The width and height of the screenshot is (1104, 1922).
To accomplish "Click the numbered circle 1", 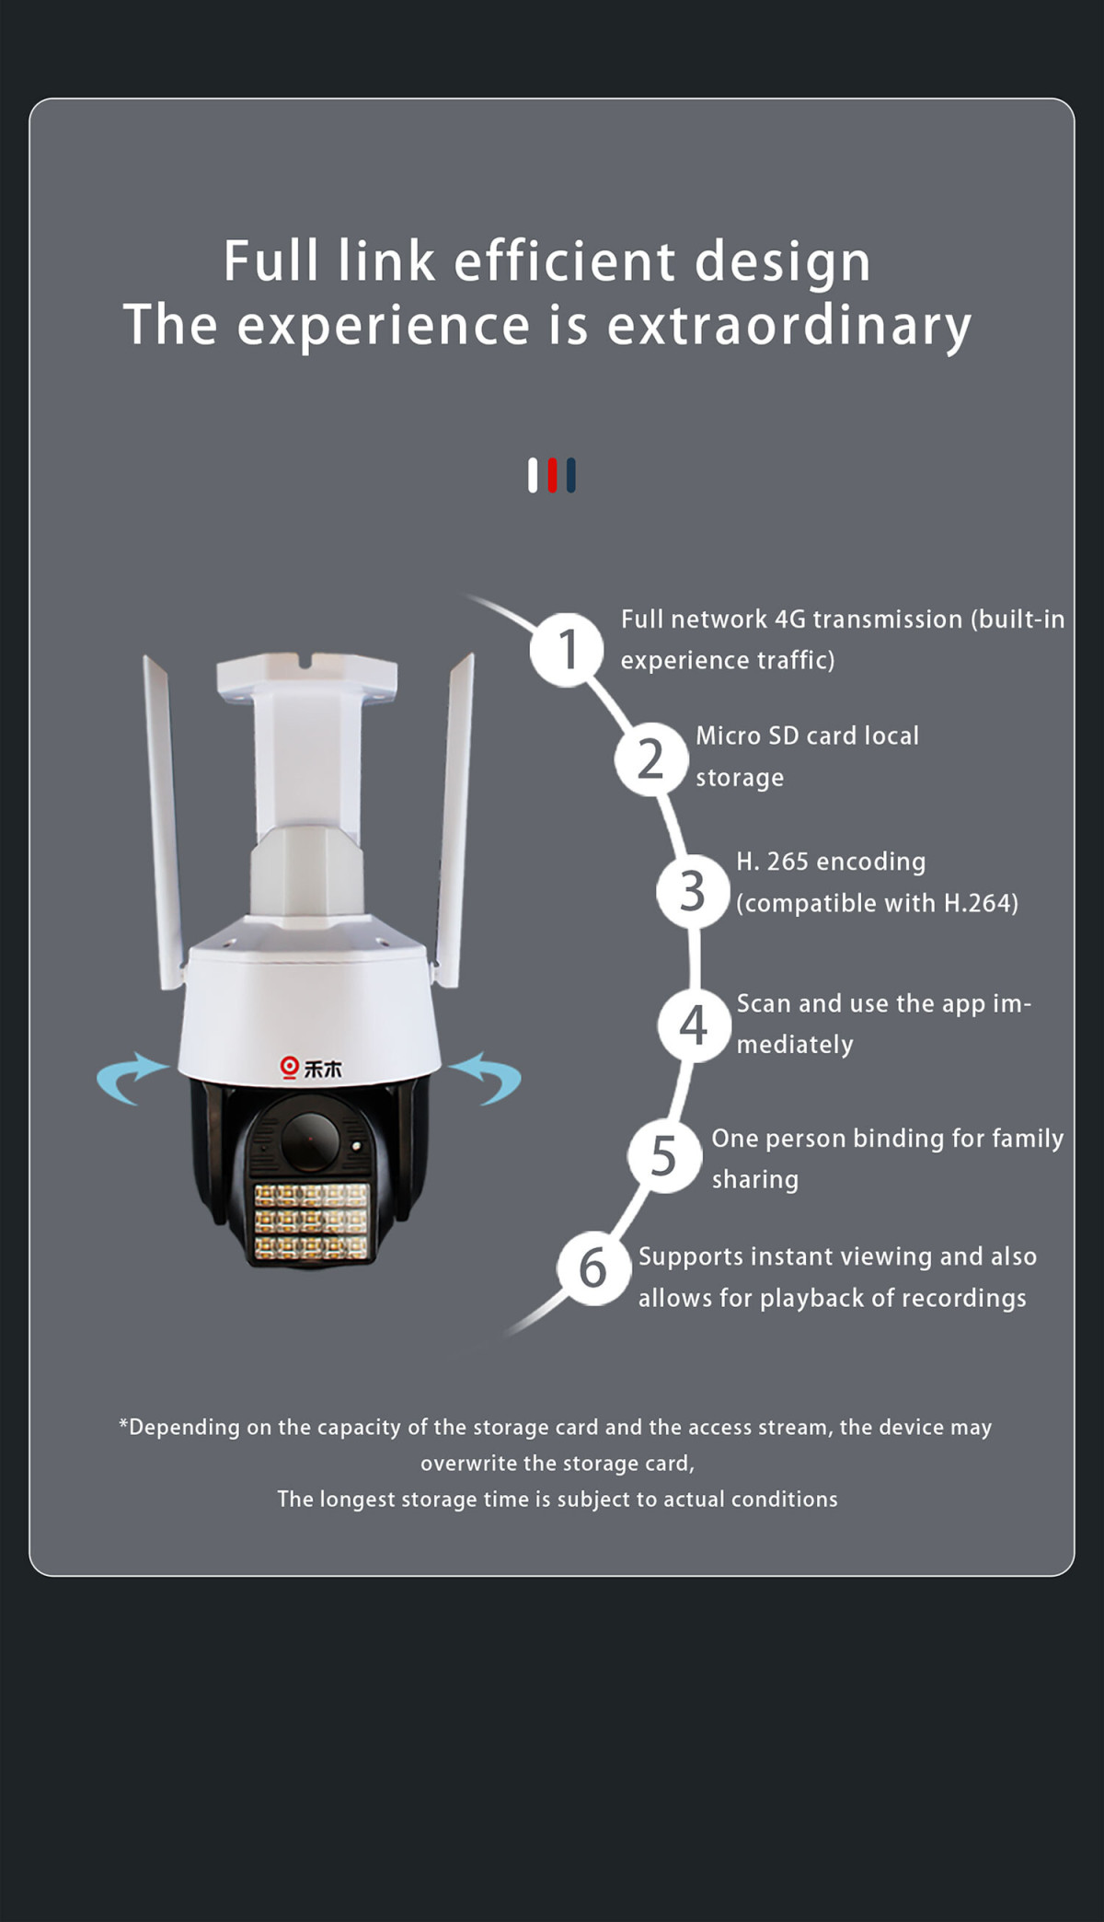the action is click(x=567, y=650).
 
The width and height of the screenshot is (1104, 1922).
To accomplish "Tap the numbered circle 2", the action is click(x=651, y=759).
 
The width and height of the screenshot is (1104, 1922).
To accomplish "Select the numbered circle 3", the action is click(x=693, y=892).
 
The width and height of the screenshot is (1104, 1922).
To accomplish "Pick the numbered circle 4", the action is click(x=694, y=1025).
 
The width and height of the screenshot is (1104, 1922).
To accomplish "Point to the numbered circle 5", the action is click(x=664, y=1157).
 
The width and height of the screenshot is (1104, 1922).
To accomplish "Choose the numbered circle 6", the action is click(x=593, y=1268).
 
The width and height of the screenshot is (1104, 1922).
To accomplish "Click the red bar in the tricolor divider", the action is click(x=552, y=475).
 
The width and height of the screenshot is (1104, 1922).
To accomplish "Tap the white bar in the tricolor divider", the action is click(x=533, y=475).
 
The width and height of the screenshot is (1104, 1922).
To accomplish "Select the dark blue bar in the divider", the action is click(x=571, y=475).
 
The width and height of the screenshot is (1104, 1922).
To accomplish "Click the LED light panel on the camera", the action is click(x=311, y=1222).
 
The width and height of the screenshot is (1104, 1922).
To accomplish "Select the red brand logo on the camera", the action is click(x=290, y=1067).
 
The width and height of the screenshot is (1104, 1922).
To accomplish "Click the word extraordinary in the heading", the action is click(x=789, y=327).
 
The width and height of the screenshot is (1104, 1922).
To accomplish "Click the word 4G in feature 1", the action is click(x=790, y=619).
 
